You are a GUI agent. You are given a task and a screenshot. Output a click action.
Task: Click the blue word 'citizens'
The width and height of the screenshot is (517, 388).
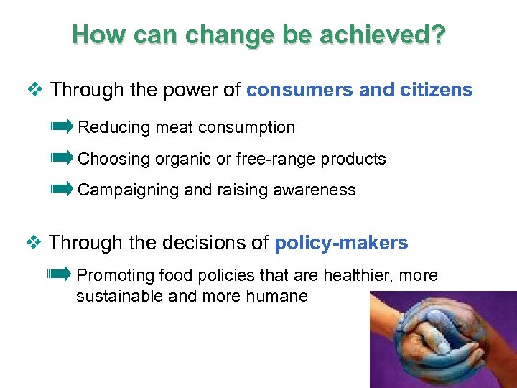(435, 90)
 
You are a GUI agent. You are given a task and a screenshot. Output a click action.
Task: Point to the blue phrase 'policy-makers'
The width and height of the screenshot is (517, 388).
(341, 244)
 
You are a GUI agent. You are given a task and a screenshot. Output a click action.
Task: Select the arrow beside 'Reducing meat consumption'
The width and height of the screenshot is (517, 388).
(61, 127)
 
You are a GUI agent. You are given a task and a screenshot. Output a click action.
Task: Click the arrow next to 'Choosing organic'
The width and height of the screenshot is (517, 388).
(61, 158)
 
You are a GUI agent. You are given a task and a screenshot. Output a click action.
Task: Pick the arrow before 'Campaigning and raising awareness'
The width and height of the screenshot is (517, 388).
(61, 189)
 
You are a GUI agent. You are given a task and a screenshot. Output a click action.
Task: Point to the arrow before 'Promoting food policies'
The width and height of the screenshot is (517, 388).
(60, 274)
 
